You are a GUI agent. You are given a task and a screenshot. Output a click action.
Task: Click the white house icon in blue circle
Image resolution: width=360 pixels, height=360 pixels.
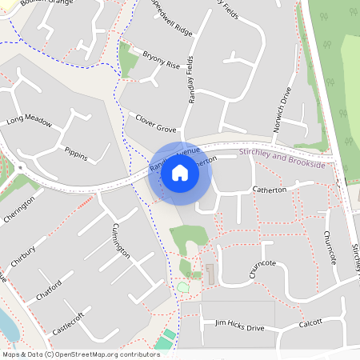pyautogui.click(x=180, y=173)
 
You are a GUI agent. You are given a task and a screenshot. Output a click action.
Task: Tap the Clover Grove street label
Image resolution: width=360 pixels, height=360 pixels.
pyautogui.click(x=155, y=122)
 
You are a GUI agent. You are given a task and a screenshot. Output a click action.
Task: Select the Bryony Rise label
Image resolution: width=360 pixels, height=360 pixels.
pyautogui.click(x=162, y=61)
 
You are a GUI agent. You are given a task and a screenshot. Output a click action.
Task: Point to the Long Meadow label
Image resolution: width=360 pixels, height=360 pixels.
pyautogui.click(x=29, y=122)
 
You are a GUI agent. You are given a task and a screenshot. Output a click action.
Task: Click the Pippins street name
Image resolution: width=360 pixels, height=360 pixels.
pyautogui.click(x=75, y=152)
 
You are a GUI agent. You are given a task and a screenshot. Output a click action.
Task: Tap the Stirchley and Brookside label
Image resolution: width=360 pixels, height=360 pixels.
pyautogui.click(x=282, y=158)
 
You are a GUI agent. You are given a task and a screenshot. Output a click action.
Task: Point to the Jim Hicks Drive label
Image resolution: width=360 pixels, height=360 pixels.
pyautogui.click(x=239, y=326)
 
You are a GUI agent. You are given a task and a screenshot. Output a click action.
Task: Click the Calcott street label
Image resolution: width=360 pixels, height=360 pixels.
pyautogui.click(x=310, y=322)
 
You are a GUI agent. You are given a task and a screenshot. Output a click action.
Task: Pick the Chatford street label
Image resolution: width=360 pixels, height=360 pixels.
pyautogui.click(x=48, y=290)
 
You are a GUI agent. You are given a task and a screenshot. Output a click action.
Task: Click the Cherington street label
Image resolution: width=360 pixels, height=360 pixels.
pyautogui.click(x=19, y=210)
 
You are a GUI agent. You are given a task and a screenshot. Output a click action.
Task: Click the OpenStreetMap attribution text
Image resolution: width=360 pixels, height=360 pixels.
pyautogui.click(x=80, y=354)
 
